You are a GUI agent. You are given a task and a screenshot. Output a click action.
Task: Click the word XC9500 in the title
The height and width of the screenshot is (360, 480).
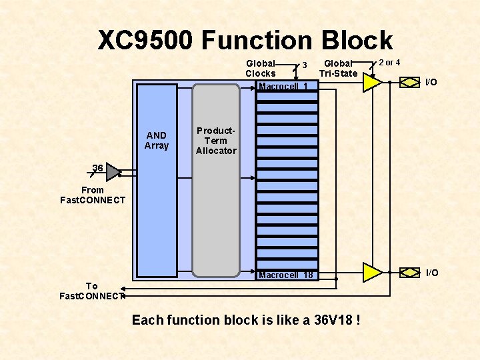tap(145, 41)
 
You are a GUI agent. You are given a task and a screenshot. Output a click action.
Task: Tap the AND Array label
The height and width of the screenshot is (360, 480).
tap(157, 141)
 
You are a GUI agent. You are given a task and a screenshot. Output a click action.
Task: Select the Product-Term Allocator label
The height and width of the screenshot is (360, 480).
tap(216, 141)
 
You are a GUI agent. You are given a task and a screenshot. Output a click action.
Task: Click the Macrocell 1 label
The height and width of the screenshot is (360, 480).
tap(283, 87)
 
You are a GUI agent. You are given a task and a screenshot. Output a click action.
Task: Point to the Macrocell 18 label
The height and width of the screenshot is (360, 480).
tap(285, 275)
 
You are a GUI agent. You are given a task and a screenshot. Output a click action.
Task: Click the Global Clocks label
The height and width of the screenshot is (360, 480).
tap(261, 68)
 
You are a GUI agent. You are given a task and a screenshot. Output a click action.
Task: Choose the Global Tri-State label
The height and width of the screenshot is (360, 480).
tap(338, 68)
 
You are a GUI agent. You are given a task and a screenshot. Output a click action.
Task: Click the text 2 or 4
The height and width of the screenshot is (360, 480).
tap(389, 63)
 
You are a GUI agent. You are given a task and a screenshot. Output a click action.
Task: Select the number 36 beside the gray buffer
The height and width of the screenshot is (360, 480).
tap(98, 169)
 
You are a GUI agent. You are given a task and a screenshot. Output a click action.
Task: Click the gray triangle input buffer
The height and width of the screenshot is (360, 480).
tap(114, 172)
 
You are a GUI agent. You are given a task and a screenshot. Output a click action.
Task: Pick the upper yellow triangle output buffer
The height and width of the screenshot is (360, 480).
tap(371, 82)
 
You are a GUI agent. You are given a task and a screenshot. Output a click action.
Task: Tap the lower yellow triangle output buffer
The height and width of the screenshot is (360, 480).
tap(371, 272)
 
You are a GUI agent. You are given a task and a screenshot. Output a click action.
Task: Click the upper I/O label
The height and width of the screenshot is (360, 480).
tap(431, 82)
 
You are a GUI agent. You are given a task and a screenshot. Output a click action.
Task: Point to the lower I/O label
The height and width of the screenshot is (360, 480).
tap(432, 273)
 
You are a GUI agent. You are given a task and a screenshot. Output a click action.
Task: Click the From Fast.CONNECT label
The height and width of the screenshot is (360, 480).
tap(93, 195)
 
